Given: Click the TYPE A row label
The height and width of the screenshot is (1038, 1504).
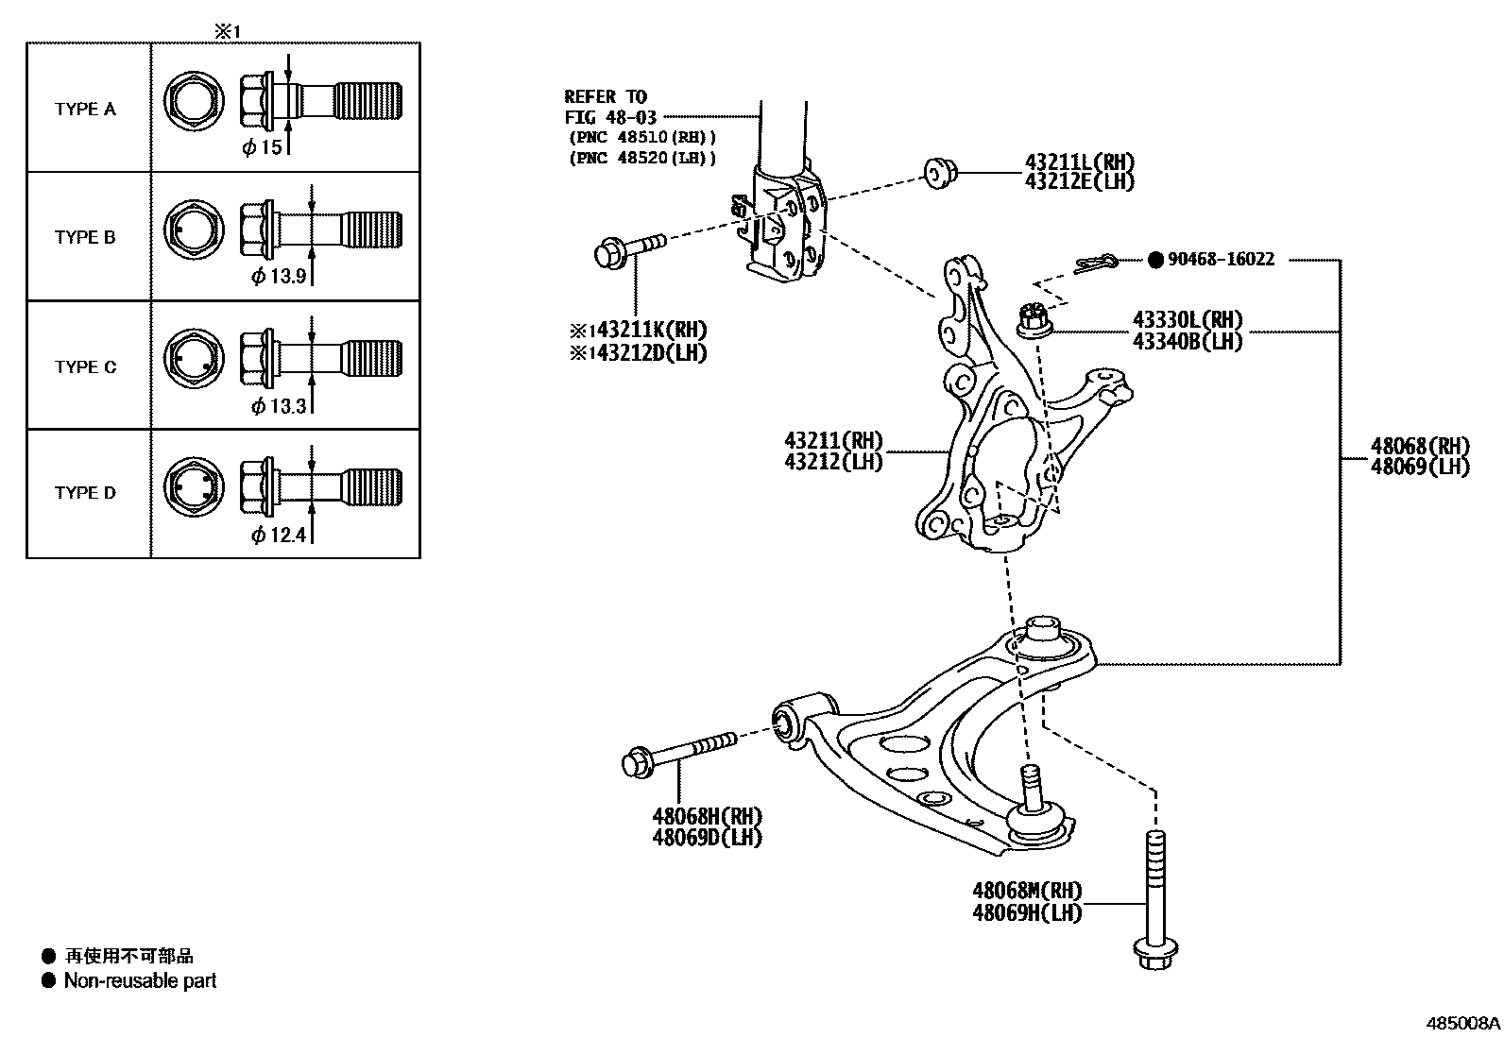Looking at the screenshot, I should [x=85, y=109].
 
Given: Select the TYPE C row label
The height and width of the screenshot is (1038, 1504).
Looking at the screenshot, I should [x=85, y=366].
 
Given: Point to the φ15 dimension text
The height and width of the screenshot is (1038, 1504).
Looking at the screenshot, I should [x=262, y=147].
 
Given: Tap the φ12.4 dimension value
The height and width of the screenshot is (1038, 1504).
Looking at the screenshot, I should [x=278, y=536].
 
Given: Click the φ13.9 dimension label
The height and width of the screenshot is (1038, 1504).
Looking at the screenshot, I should [x=278, y=276].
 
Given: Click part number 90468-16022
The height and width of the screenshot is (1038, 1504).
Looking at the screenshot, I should [x=1220, y=259].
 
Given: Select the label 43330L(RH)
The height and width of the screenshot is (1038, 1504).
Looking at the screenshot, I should [x=1188, y=320].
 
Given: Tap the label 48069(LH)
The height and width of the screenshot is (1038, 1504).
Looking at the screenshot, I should [x=1420, y=467].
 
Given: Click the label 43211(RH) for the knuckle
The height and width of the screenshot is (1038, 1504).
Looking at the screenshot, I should [x=832, y=440].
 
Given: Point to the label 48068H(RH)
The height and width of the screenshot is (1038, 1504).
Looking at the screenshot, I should [x=706, y=815].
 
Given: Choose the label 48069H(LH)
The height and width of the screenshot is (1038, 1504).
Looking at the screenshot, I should [x=1027, y=912].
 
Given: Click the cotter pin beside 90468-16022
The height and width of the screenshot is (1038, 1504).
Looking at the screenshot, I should [x=1095, y=264].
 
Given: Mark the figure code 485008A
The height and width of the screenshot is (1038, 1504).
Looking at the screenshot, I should [x=1462, y=1023].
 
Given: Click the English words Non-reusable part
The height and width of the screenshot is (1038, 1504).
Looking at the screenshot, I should [x=140, y=981].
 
